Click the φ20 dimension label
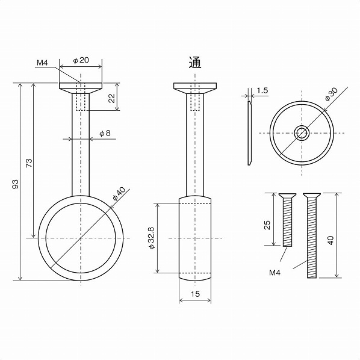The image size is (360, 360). (x=81, y=61)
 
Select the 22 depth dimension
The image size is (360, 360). (x=111, y=98)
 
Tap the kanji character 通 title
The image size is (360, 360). (x=194, y=62)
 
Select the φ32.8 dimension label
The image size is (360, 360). (x=151, y=238)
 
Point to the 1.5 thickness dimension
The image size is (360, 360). (x=262, y=91)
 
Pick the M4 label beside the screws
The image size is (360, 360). (x=275, y=273)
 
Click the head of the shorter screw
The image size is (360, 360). (x=288, y=196)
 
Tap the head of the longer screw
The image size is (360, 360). (x=311, y=196)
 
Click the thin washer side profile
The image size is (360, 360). (x=249, y=134)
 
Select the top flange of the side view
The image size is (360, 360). (x=194, y=86)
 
